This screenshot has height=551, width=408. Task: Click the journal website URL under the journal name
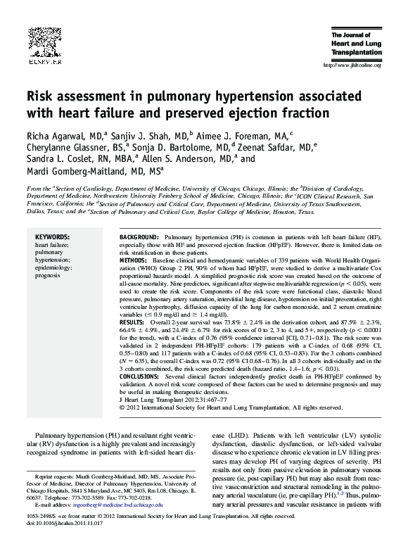[350, 65]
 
